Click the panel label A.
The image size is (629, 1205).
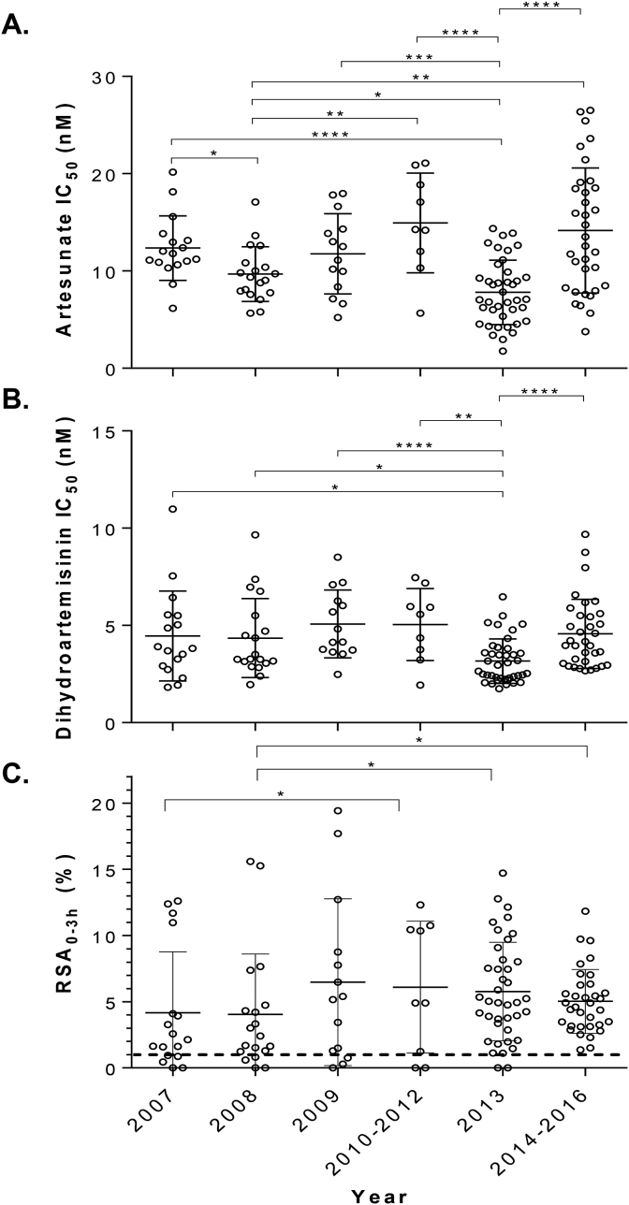(18, 21)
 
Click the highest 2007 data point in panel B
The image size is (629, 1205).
(172, 509)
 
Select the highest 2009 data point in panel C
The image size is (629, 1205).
(337, 810)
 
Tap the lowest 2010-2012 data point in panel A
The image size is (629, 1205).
(419, 312)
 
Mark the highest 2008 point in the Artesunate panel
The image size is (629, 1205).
(255, 202)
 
